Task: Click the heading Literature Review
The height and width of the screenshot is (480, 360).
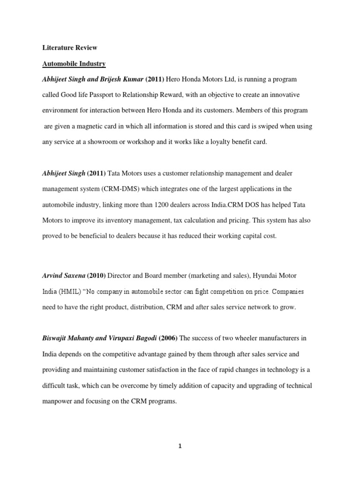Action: coord(69,48)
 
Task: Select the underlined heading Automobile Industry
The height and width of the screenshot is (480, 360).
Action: coord(74,63)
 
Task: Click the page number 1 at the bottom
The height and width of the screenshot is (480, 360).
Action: coord(180,446)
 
